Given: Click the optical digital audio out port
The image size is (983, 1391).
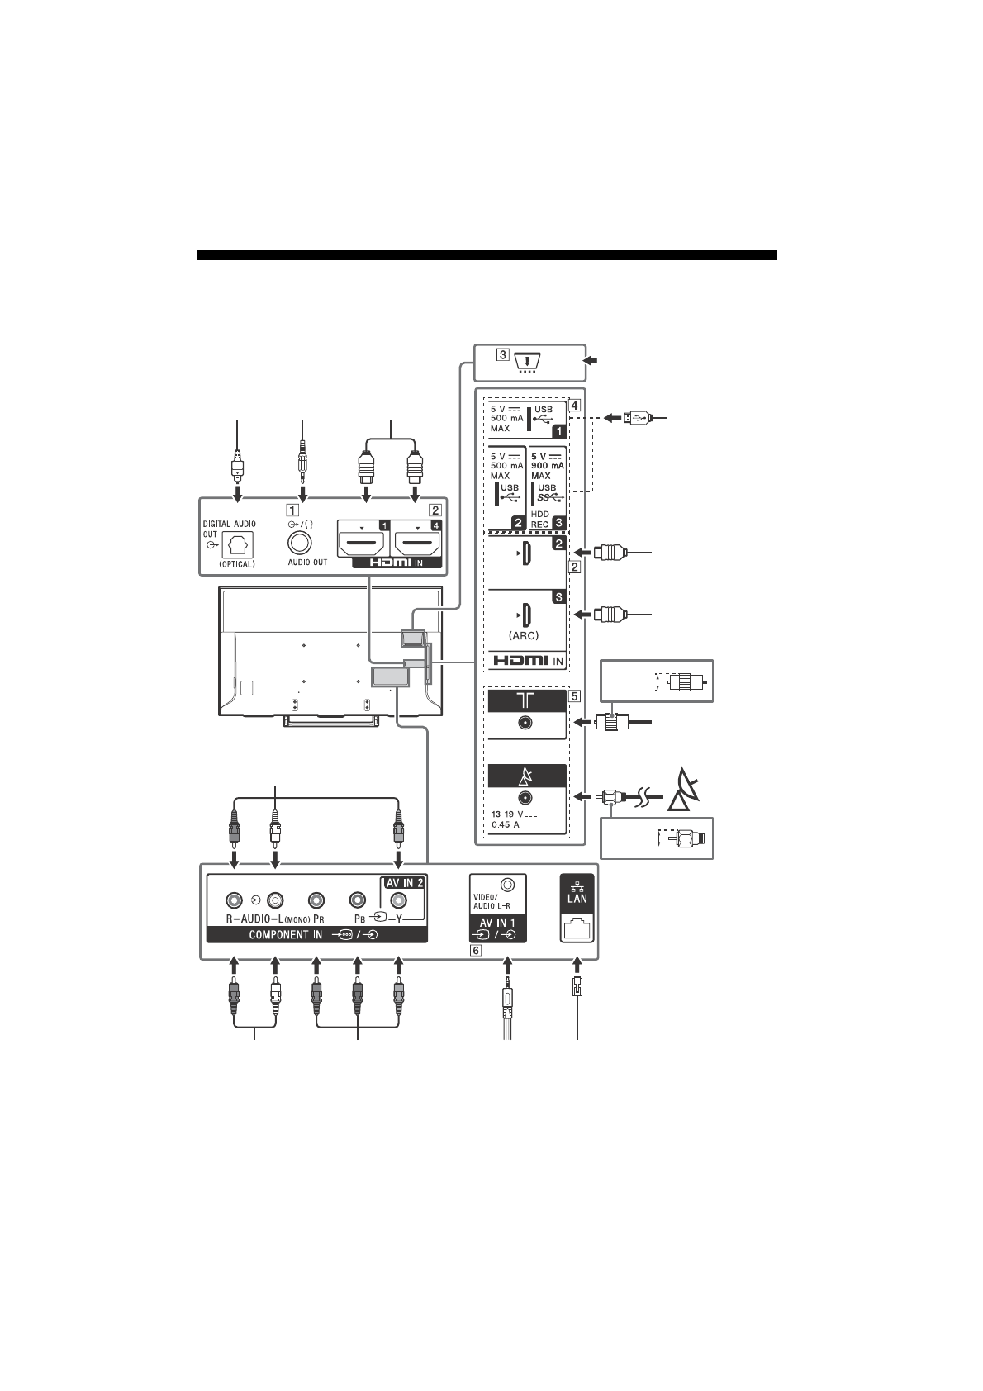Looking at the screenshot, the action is coord(238,544).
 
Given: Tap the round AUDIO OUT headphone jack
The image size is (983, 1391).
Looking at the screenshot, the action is coord(300,544).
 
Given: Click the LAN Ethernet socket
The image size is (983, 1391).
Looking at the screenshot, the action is coord(577,928).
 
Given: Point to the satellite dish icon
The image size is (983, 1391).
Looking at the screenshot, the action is coord(684,790).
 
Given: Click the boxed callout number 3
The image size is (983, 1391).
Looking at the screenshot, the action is coord(502,355).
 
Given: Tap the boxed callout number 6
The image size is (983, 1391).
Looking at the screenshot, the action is coord(476,950).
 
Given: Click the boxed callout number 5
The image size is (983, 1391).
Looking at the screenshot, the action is coord(574,696).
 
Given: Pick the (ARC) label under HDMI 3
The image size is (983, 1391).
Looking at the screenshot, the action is coord(524,636).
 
